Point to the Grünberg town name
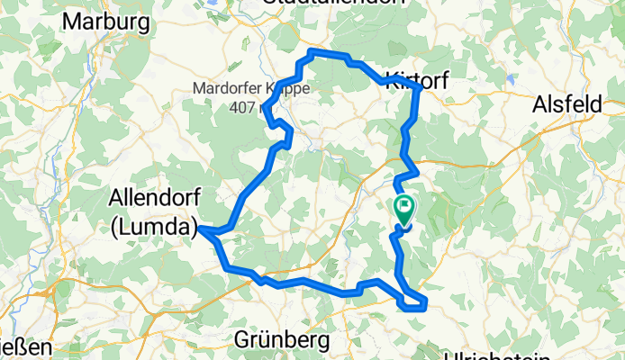[283, 339]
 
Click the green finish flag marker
[404, 209]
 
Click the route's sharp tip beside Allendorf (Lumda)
[200, 230]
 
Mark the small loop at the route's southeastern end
[413, 304]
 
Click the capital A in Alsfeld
[540, 103]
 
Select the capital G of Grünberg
[243, 339]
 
